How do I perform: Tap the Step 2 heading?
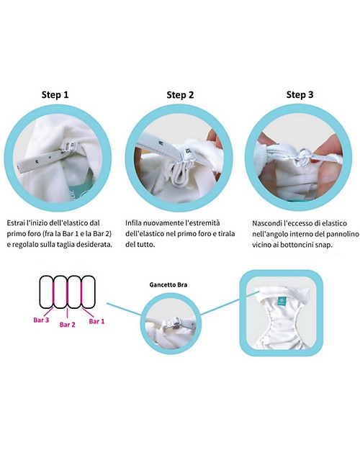180,94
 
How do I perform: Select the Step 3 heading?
300,94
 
